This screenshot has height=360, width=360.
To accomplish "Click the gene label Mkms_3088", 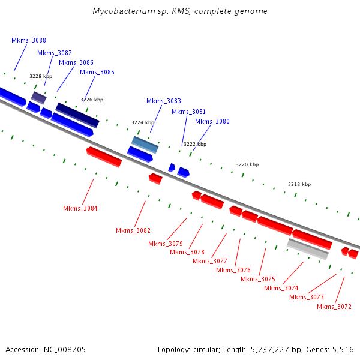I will (29, 40).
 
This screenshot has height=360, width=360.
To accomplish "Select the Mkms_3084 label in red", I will (80, 208).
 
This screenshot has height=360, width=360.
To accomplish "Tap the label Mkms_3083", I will (163, 101).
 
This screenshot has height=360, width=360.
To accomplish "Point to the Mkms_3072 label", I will (334, 307).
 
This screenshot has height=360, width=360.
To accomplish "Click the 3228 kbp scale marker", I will (41, 76).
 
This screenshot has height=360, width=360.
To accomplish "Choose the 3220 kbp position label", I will (247, 164).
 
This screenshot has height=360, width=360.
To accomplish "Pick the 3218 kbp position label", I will (299, 184).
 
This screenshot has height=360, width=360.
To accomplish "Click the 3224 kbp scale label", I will (143, 122).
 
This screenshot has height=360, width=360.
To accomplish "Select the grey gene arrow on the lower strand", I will (308, 248).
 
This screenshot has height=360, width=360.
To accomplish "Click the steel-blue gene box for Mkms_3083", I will (145, 144).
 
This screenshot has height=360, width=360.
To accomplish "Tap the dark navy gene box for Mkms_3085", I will (77, 115).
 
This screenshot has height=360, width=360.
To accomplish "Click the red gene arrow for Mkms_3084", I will (104, 156).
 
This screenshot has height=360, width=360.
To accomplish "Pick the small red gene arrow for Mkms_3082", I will (155, 178).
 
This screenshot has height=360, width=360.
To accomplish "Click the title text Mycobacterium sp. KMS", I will (180, 11).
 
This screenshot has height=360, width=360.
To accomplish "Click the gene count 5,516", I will (343, 349).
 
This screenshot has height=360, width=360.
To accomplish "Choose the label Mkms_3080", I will (212, 121).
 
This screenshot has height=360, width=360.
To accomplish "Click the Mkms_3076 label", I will (233, 270).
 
